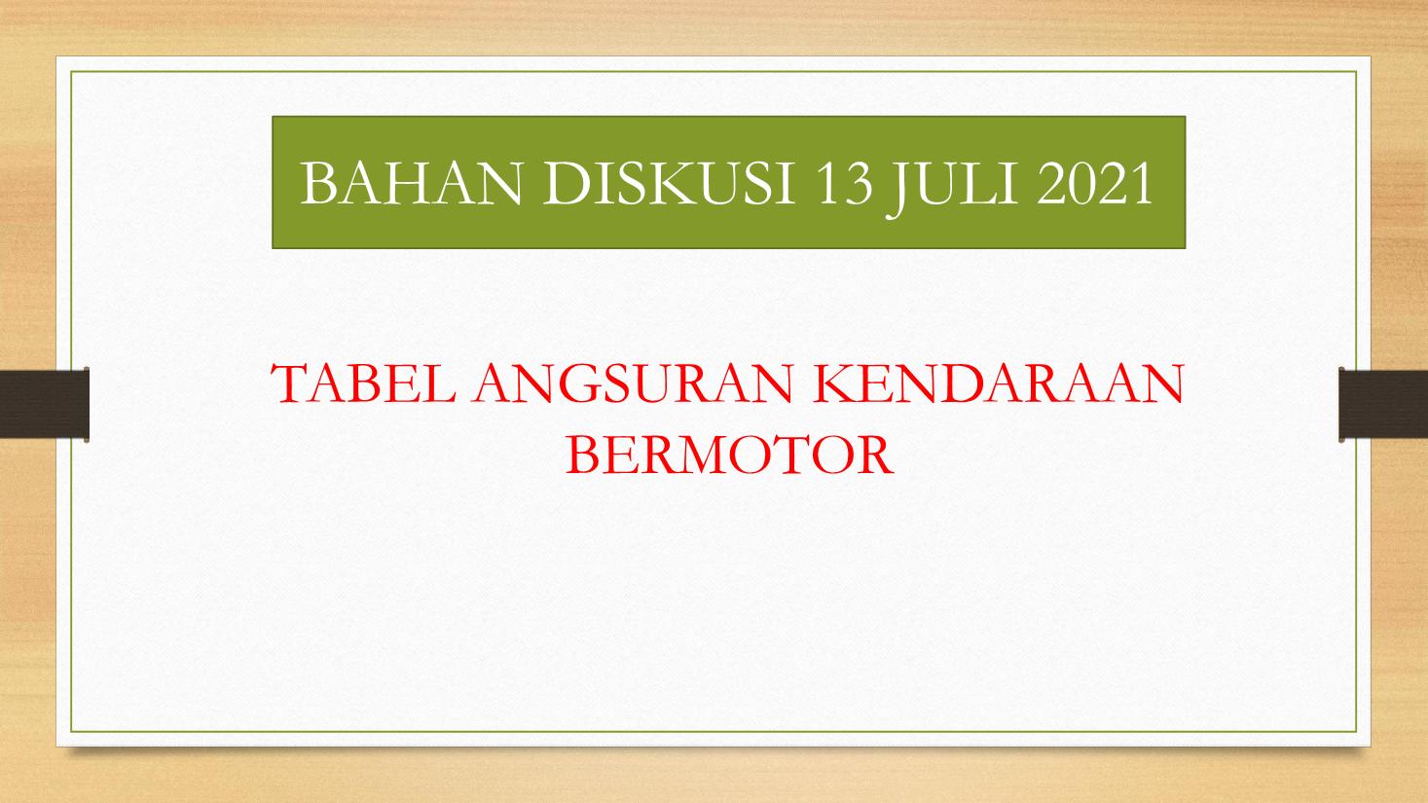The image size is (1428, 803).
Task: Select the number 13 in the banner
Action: tap(845, 183)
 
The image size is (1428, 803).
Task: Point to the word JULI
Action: tap(952, 188)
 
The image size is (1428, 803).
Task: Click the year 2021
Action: tap(1094, 183)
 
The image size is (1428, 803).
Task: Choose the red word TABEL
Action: tap(364, 383)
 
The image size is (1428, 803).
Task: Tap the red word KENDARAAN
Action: tap(999, 383)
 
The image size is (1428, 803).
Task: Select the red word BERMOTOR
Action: tap(729, 456)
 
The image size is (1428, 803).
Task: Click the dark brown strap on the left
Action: tap(44, 403)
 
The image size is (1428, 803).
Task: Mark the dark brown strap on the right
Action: tap(1383, 403)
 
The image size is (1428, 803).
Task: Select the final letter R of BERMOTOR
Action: tap(874, 456)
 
